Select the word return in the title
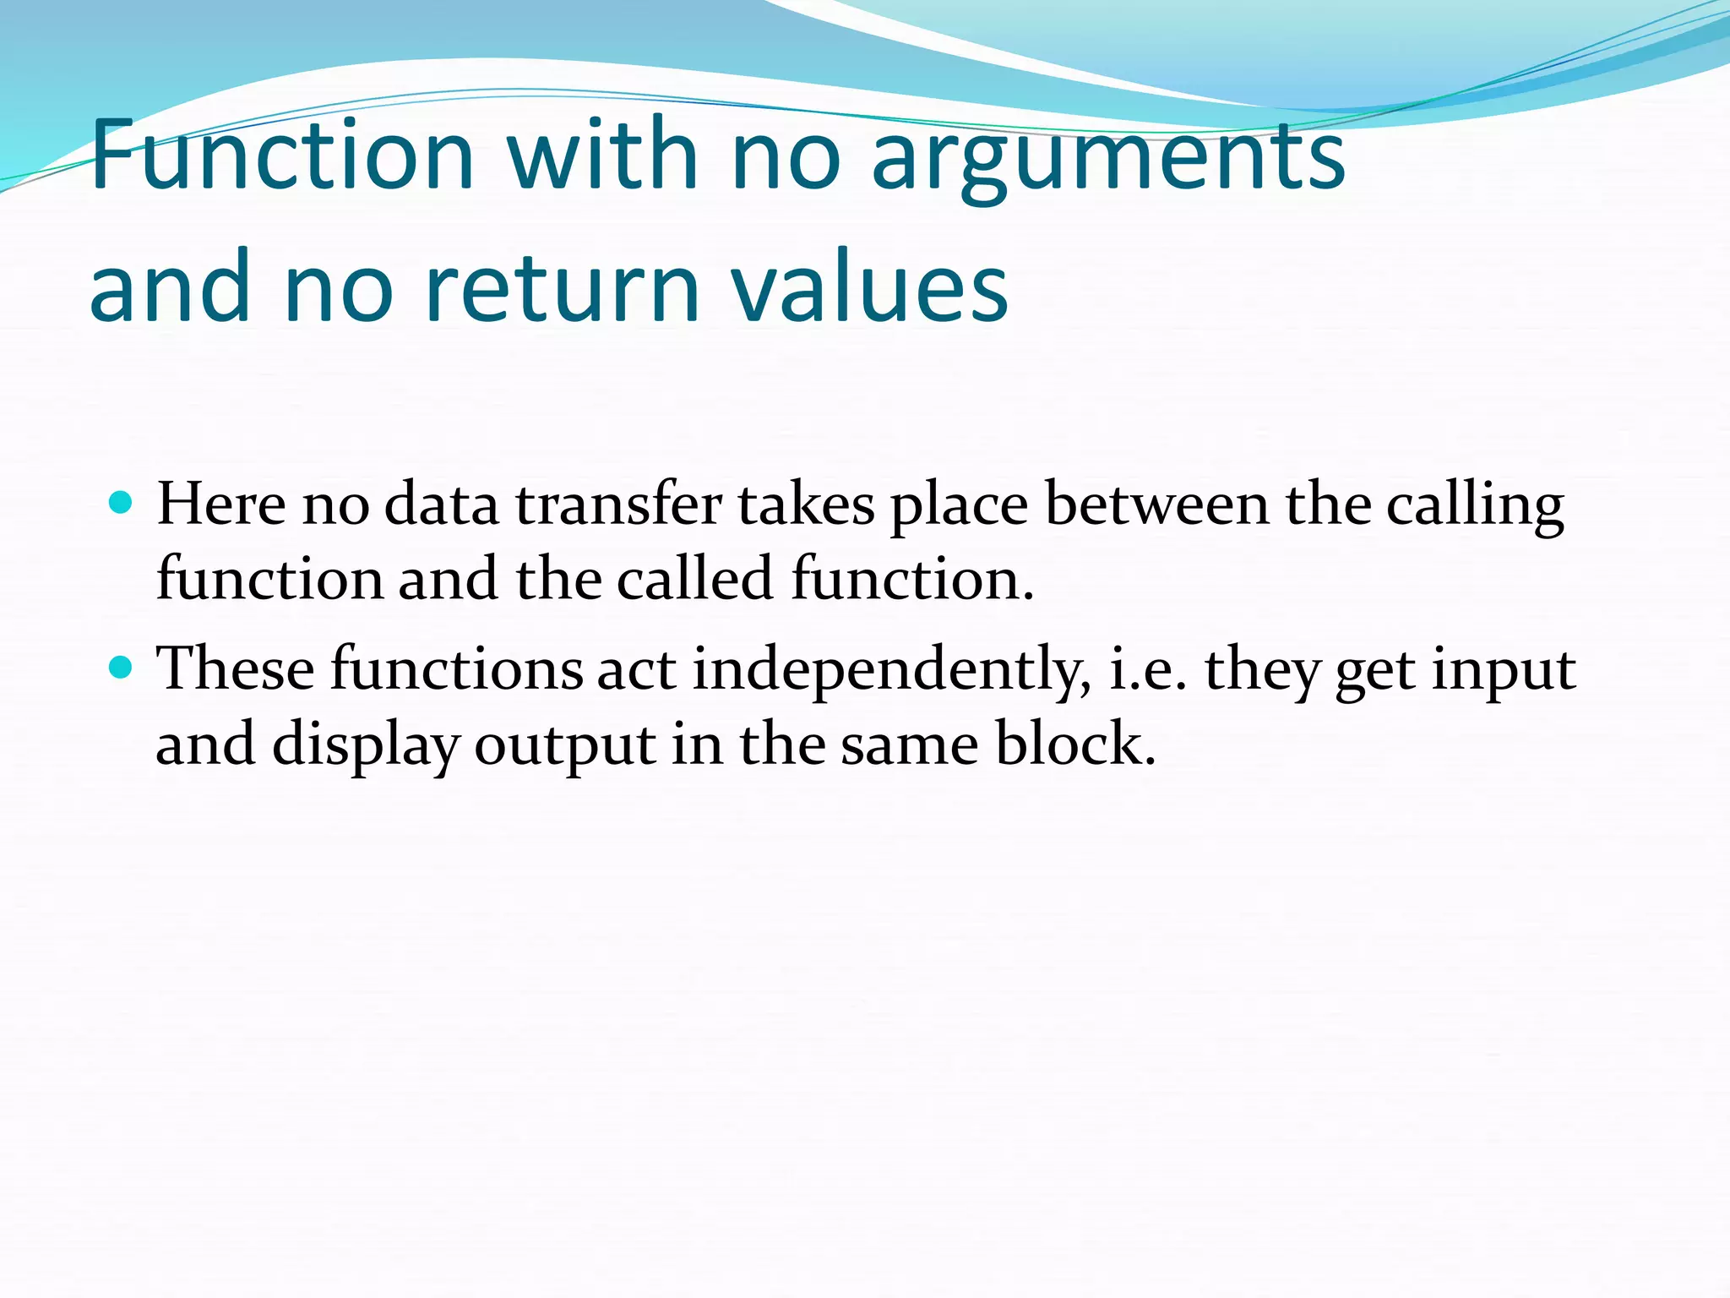(x=562, y=287)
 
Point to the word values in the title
(x=869, y=287)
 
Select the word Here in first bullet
(x=221, y=504)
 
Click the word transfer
(x=618, y=504)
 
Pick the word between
(x=1156, y=504)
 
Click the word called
(x=694, y=579)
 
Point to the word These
(x=236, y=669)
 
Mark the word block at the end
(x=1074, y=744)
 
